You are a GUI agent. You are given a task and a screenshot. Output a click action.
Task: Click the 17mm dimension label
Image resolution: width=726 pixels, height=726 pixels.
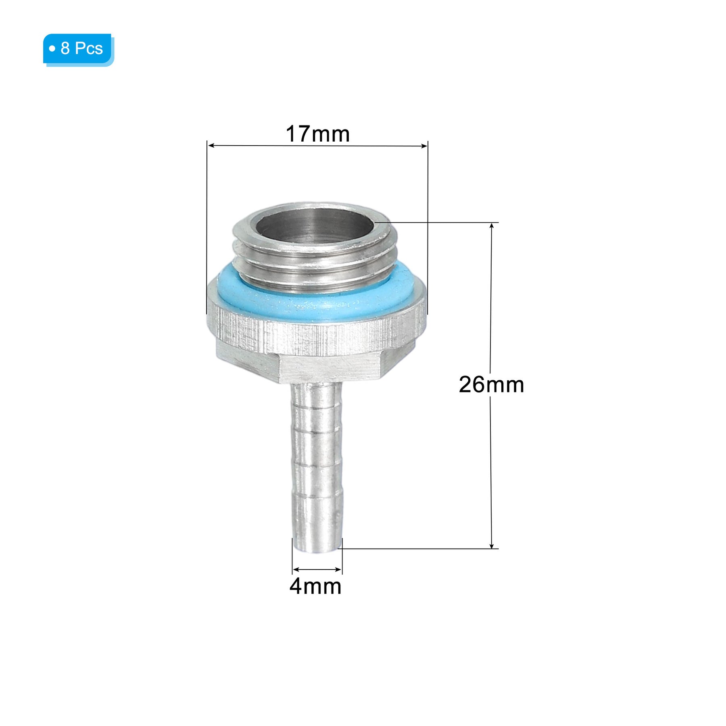(317, 134)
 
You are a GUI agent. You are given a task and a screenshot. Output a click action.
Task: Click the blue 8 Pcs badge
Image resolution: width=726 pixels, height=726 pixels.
(78, 50)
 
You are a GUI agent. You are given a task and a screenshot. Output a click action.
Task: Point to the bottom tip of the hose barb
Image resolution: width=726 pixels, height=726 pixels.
(317, 551)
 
